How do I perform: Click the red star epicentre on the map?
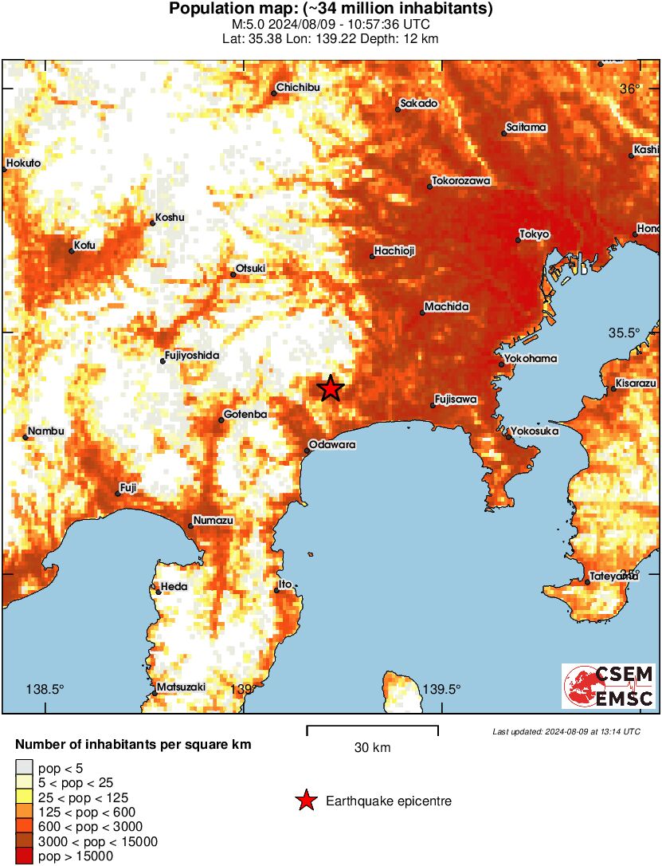click(330, 389)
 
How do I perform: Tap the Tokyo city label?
click(535, 234)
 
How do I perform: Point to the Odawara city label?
click(331, 444)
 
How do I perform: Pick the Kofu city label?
click(84, 245)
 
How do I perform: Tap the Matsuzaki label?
click(182, 687)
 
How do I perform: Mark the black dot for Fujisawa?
click(433, 406)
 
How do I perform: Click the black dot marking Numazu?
click(191, 526)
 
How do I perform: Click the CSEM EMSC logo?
click(609, 687)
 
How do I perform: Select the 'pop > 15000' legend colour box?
click(24, 856)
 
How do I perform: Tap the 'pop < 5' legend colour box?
click(24, 769)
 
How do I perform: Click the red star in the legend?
click(306, 801)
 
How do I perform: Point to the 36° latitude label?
click(630, 89)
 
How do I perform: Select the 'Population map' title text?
click(331, 10)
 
